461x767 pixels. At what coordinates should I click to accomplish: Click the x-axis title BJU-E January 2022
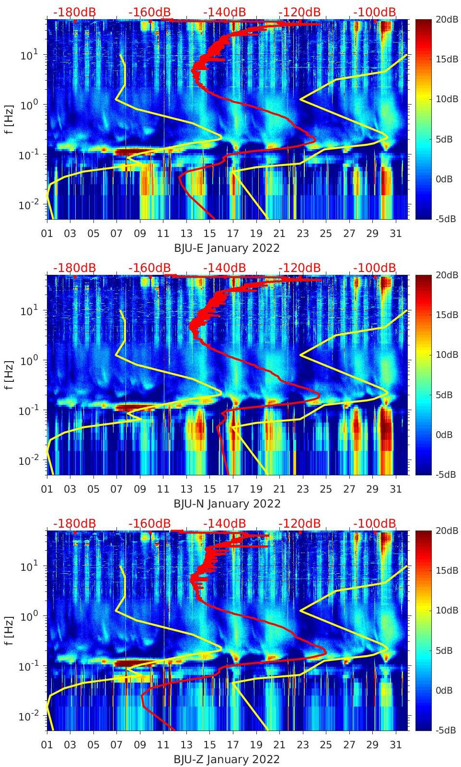(x=227, y=248)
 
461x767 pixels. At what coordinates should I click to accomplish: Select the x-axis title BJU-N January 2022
(x=227, y=504)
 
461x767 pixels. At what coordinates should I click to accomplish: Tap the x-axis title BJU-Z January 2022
(x=227, y=759)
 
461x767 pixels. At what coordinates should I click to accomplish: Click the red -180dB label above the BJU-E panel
(x=74, y=12)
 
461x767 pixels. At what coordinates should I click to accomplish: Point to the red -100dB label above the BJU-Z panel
(x=375, y=523)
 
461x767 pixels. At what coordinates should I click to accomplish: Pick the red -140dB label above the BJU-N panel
(x=224, y=268)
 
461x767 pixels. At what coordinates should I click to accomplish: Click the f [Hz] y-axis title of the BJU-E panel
(x=10, y=119)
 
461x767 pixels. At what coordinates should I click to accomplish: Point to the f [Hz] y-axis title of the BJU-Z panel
(x=10, y=630)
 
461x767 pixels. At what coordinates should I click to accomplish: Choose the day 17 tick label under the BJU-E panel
(x=233, y=234)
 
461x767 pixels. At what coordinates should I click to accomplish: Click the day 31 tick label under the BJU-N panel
(x=395, y=489)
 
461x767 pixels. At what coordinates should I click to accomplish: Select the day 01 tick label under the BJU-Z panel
(x=47, y=745)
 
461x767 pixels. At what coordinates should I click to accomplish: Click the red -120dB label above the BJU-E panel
(x=300, y=12)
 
